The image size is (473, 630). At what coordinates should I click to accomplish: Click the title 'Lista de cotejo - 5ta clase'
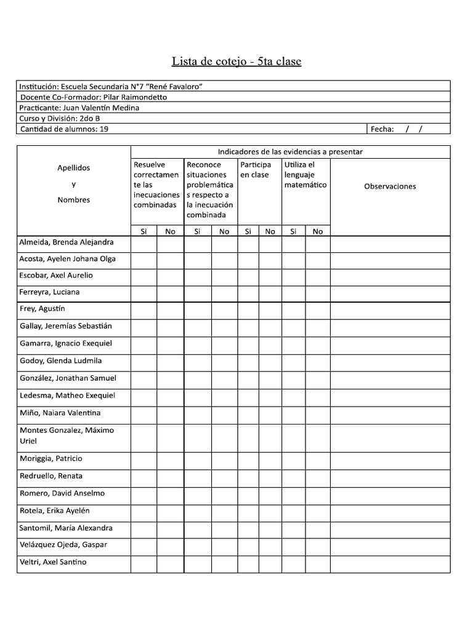(236, 62)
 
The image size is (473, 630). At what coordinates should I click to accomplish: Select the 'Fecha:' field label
(382, 129)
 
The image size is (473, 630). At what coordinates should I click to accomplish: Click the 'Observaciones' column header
(390, 186)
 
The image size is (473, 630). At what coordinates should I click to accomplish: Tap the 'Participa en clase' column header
(256, 170)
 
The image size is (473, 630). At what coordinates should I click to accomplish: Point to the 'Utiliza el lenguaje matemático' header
(305, 175)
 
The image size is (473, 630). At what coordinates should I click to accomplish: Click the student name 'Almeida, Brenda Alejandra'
(67, 242)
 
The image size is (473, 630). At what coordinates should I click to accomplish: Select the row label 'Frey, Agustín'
(42, 309)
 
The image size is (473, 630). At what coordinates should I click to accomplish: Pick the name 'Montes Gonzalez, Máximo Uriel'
(67, 436)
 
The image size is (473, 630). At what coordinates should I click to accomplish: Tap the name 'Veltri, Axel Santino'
(53, 562)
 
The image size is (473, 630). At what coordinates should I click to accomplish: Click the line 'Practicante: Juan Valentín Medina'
(79, 108)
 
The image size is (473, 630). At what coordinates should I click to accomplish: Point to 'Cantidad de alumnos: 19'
(65, 129)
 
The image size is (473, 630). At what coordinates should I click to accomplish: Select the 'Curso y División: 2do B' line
(59, 118)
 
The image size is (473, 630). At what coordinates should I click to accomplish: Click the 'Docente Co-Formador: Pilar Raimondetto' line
(94, 97)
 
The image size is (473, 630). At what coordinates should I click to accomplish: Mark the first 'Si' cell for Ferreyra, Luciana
(144, 292)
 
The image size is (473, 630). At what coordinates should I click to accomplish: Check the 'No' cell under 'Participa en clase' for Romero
(270, 493)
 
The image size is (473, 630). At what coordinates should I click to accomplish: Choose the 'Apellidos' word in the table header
(73, 167)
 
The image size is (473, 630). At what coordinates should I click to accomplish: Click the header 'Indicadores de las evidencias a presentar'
(290, 151)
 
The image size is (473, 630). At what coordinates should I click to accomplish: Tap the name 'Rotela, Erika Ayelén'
(55, 511)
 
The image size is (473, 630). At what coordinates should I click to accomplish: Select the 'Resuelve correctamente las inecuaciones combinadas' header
(156, 185)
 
